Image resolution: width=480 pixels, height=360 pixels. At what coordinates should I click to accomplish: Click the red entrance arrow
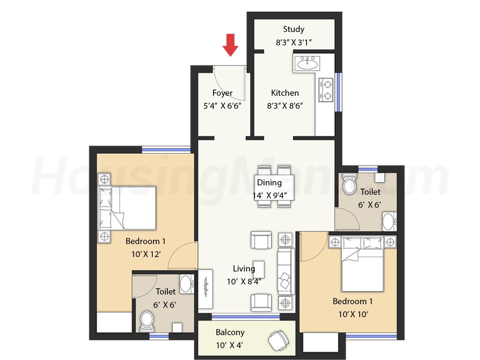230,45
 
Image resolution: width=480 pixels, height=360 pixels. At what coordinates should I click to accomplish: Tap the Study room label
293,29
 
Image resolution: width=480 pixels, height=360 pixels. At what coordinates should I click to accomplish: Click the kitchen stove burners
326,90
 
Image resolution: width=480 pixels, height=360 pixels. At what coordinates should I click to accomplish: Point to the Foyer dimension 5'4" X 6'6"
222,106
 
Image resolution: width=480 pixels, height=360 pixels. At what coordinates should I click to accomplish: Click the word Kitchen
285,93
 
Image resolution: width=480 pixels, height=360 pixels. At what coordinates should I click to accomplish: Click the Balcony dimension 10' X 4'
229,345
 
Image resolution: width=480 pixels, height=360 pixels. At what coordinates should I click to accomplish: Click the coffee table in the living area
259,269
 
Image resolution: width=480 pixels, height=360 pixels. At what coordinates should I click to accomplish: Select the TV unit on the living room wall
205,289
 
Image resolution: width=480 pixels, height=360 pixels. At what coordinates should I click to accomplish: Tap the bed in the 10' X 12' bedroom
127,208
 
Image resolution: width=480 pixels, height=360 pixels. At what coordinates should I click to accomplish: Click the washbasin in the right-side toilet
389,221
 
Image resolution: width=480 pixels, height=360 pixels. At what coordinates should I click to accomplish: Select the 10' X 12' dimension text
146,254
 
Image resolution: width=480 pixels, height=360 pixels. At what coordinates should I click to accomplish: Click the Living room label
244,269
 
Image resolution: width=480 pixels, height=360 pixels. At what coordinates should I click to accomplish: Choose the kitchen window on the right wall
338,92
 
